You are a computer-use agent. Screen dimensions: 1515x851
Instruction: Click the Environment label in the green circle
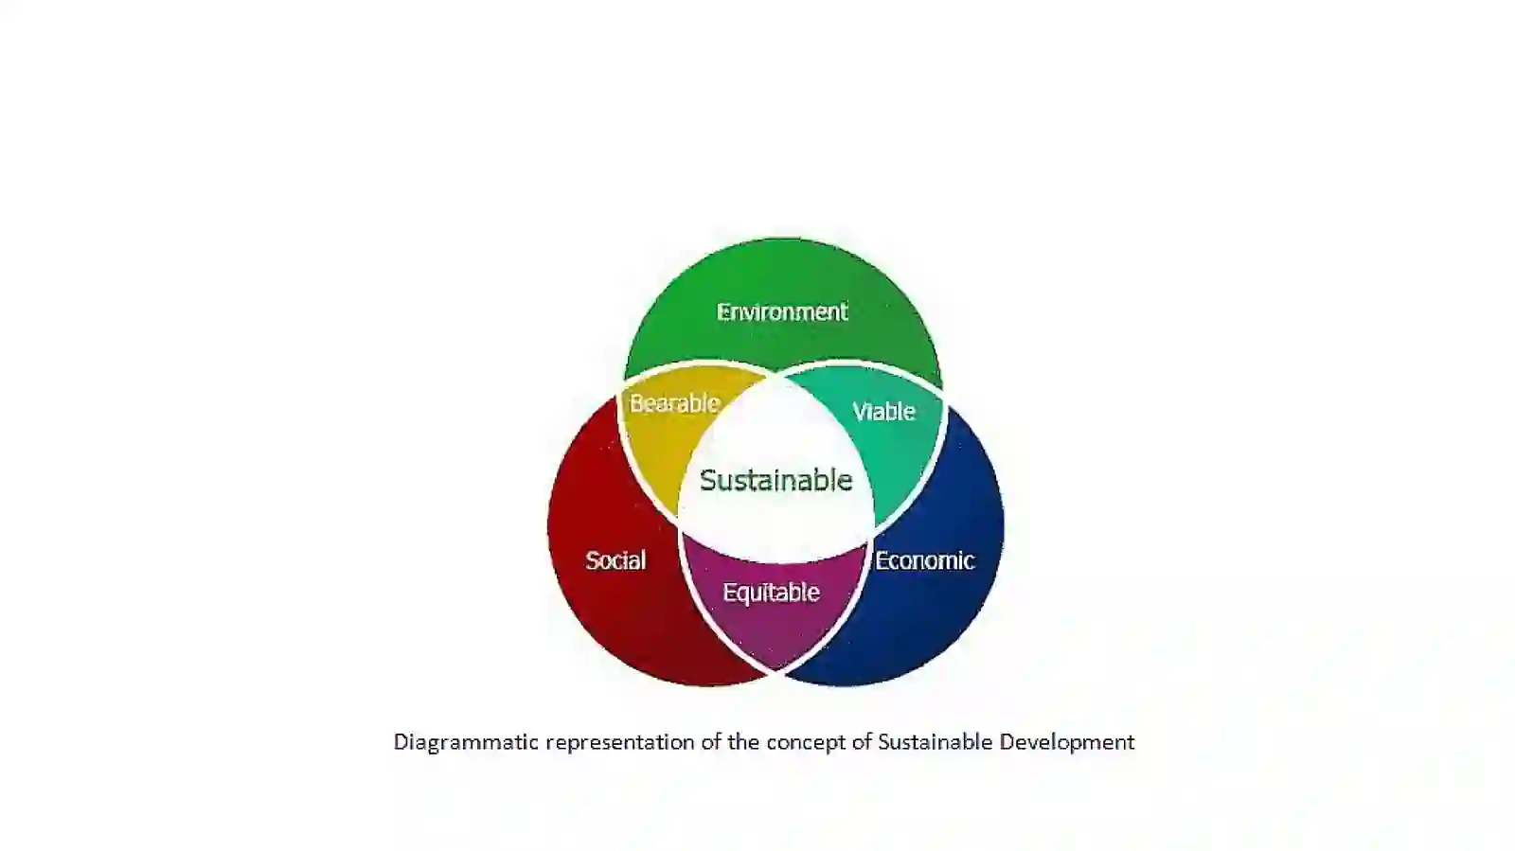[x=782, y=311]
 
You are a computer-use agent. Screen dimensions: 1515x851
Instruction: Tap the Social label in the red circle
[x=615, y=560]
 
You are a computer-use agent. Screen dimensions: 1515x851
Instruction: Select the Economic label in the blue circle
[x=924, y=560]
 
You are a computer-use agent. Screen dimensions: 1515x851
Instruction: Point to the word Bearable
[x=674, y=403]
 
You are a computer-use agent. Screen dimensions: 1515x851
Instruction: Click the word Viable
[x=884, y=411]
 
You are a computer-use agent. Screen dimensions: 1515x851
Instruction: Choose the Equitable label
[x=771, y=593]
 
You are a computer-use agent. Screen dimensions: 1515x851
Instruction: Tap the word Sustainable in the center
[x=775, y=480]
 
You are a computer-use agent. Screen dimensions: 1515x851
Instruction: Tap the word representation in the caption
[x=620, y=743]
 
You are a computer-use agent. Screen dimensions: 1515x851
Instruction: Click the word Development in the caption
[x=1067, y=743]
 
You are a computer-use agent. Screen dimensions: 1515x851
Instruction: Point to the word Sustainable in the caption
[x=936, y=741]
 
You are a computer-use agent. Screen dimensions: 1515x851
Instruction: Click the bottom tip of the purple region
[x=775, y=670]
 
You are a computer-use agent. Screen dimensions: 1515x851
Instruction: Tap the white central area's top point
[x=775, y=376]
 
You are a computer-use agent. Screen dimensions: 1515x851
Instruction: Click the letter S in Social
[x=593, y=560]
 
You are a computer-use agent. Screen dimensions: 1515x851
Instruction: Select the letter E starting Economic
[x=882, y=560]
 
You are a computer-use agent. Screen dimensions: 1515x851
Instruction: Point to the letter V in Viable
[x=860, y=411]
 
